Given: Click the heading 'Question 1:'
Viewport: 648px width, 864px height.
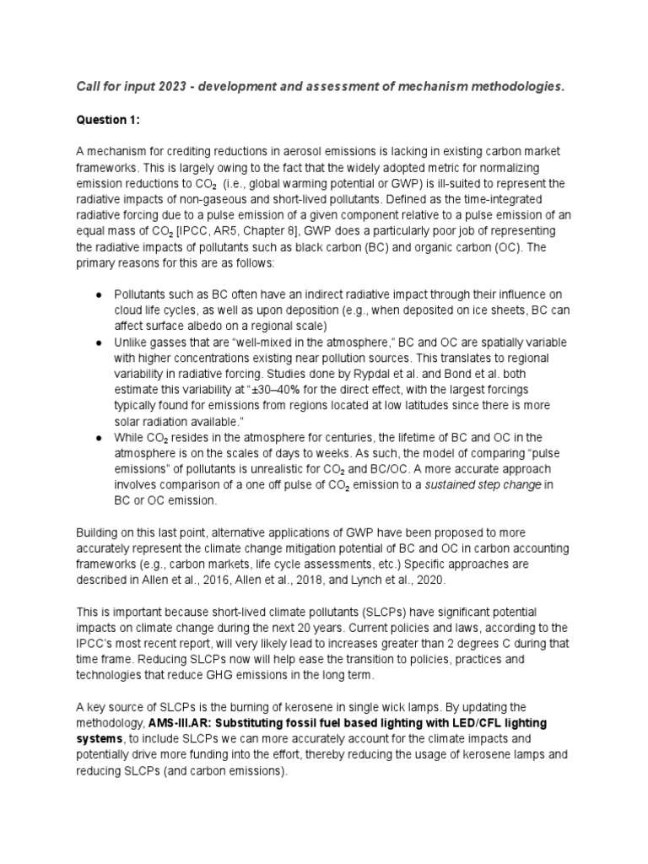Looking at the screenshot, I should click(108, 121).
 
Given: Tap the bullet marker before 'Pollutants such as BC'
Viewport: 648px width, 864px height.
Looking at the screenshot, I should click(100, 295).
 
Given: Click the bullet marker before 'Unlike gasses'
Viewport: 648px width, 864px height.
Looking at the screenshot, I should click(100, 343).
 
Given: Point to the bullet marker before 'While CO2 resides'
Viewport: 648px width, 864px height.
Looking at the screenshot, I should click(100, 439).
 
